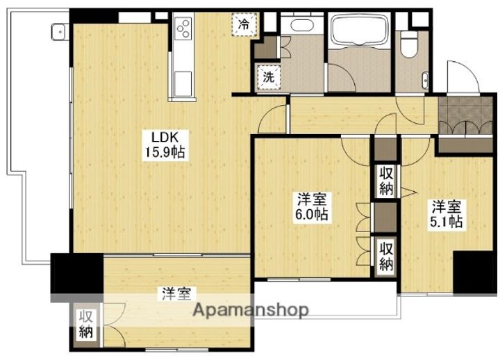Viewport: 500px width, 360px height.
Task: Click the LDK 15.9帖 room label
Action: [x=165, y=145]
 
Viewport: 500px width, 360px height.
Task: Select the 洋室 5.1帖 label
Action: [x=446, y=214]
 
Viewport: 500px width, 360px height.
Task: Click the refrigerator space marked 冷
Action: [x=244, y=24]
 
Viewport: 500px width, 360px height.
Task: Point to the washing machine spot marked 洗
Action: [x=269, y=77]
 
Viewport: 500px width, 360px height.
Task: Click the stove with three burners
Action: [x=183, y=28]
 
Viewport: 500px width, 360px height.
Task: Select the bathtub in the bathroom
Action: [x=359, y=31]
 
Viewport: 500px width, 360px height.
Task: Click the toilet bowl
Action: [x=409, y=44]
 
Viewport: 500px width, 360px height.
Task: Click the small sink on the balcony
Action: [x=59, y=32]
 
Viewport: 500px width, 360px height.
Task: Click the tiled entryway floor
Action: [x=465, y=115]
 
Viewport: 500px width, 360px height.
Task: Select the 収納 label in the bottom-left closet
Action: [x=86, y=324]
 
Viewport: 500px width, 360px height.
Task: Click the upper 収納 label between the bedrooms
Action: [x=386, y=180]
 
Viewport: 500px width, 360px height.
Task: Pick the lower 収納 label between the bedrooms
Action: [x=386, y=256]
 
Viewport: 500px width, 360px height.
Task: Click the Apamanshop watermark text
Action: [x=251, y=309]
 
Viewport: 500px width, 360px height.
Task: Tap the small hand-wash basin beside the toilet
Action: [x=425, y=81]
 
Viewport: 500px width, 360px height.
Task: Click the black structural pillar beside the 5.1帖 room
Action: [x=475, y=272]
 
